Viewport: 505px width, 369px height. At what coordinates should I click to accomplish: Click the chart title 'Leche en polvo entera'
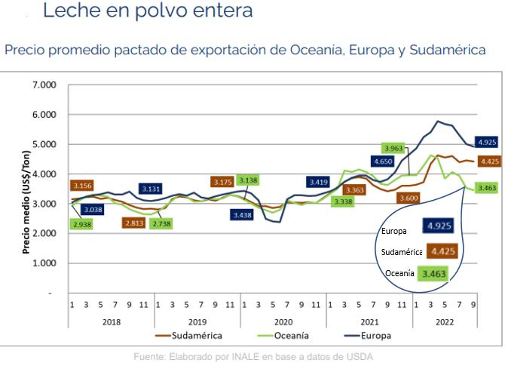point(148,12)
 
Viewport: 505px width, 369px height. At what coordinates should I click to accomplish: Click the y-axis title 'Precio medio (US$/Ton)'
point(26,189)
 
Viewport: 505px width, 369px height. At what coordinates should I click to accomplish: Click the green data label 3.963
point(393,149)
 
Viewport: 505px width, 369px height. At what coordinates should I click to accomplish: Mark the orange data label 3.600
point(408,198)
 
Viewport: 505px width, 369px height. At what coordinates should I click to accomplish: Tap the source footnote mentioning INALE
point(252,355)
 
